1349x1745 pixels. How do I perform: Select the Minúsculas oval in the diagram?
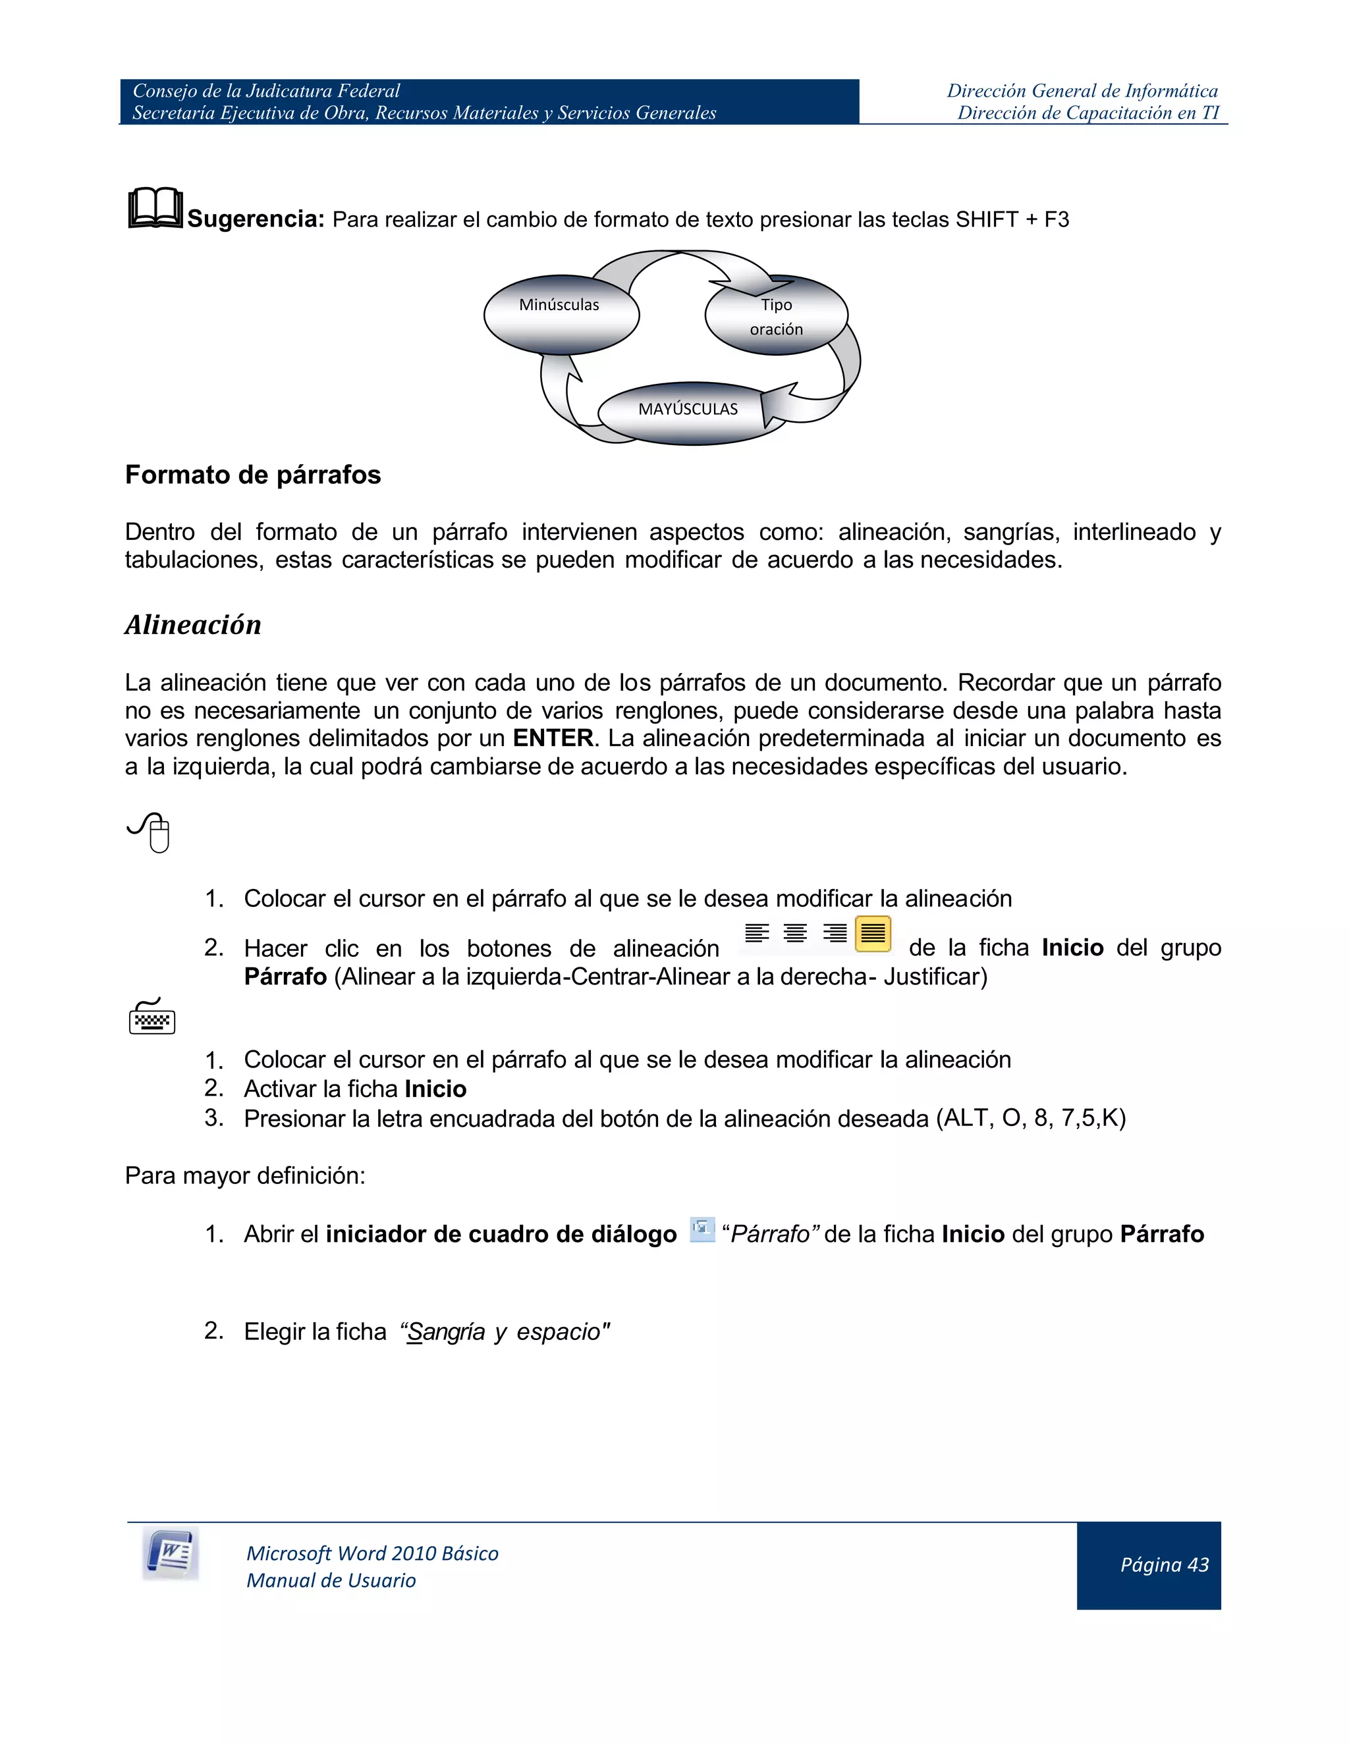pyautogui.click(x=561, y=314)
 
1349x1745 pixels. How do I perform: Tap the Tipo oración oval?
pyautogui.click(x=775, y=316)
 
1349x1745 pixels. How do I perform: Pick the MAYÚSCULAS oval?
pyautogui.click(x=687, y=411)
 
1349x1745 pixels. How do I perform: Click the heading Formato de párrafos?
pyautogui.click(x=252, y=475)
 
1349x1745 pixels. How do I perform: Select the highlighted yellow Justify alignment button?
pyautogui.click(x=873, y=933)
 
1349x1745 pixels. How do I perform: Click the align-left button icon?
pyautogui.click(x=756, y=933)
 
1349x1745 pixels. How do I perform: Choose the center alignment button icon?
pyautogui.click(x=795, y=933)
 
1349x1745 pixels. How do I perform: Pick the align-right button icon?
pyautogui.click(x=835, y=933)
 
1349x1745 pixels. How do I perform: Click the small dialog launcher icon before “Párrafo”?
pyautogui.click(x=702, y=1229)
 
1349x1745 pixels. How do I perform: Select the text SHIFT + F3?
pyautogui.click(x=1012, y=220)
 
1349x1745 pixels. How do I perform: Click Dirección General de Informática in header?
pyautogui.click(x=1082, y=91)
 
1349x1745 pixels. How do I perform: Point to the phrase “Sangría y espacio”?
pyautogui.click(x=505, y=1332)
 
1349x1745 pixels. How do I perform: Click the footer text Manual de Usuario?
pyautogui.click(x=331, y=1580)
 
